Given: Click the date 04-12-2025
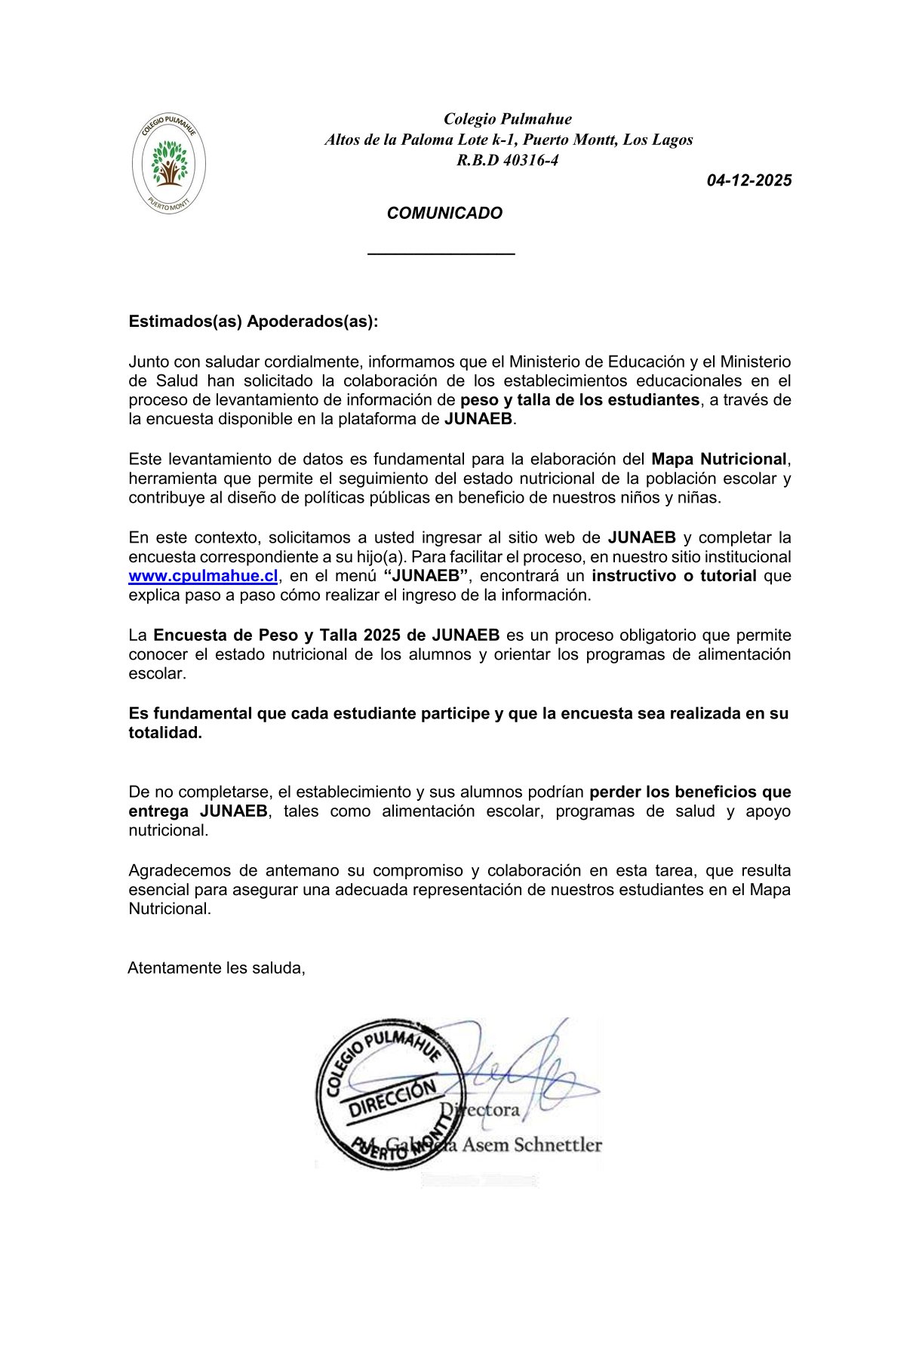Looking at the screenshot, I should [x=748, y=180].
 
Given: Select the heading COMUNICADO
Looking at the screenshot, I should [x=444, y=214].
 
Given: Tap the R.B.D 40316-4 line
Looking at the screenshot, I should [x=507, y=160].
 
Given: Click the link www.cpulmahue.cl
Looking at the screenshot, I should [x=203, y=576].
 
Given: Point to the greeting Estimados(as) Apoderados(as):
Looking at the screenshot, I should [x=253, y=322].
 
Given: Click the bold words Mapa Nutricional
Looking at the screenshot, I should [x=719, y=459].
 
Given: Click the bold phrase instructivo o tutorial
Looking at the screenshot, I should [x=674, y=576].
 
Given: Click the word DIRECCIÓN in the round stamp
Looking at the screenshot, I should [x=392, y=1098].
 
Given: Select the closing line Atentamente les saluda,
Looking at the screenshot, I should [x=217, y=968].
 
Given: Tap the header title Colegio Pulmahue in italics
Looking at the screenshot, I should [x=507, y=118].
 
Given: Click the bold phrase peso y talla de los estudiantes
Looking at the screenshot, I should [x=579, y=400].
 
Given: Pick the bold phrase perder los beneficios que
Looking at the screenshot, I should [x=690, y=792].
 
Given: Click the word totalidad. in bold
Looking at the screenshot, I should [x=165, y=733].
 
